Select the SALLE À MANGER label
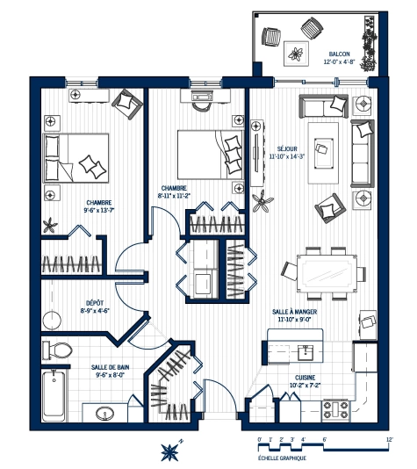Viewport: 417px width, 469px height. click(x=298, y=312)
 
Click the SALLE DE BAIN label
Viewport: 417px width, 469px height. click(x=111, y=369)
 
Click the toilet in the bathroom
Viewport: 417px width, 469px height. click(x=58, y=349)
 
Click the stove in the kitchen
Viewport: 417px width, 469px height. click(x=336, y=408)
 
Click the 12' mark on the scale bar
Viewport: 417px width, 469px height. click(x=388, y=437)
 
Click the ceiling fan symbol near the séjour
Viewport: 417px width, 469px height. click(x=262, y=204)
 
